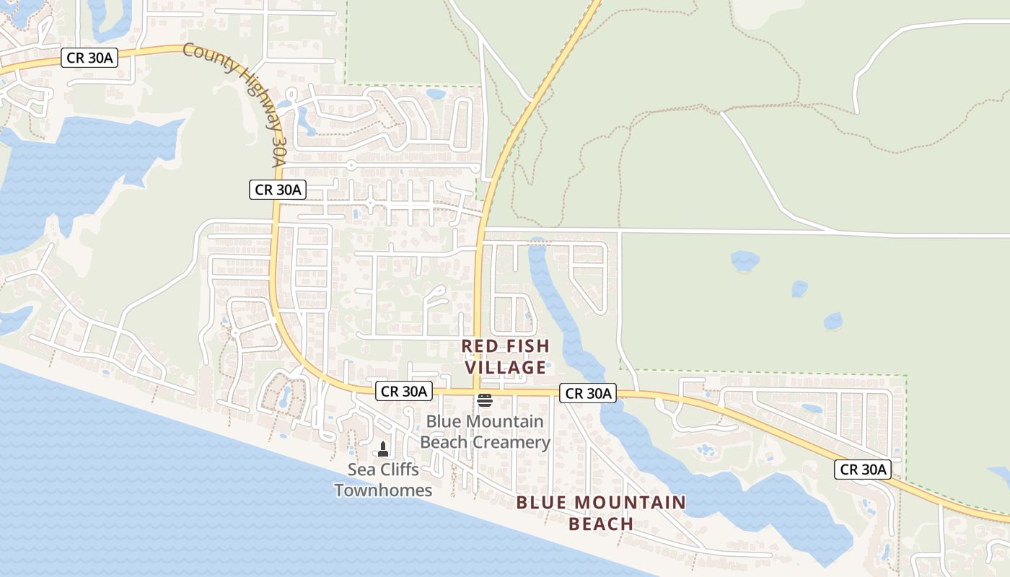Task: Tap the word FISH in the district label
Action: (x=524, y=346)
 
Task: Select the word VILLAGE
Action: (x=505, y=368)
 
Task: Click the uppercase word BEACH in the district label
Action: (x=601, y=524)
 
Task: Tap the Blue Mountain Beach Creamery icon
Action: (x=484, y=400)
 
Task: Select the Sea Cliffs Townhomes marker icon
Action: (x=383, y=449)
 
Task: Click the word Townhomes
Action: (x=383, y=490)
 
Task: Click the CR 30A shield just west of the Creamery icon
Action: (x=404, y=392)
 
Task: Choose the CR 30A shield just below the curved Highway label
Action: (x=278, y=190)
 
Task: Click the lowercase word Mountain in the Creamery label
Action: (x=503, y=421)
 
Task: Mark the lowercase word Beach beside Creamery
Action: (x=442, y=442)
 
